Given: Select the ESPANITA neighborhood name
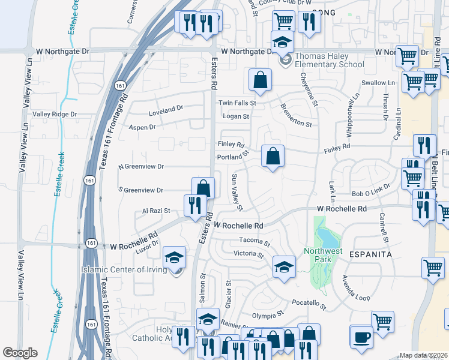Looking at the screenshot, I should [x=371, y=254].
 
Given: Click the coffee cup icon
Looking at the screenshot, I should [x=361, y=337].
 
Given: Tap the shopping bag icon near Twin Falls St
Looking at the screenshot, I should [x=261, y=80].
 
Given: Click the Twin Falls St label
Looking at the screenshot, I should [x=237, y=103].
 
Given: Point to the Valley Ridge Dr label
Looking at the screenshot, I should [x=55, y=114].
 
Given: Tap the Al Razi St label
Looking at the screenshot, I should [x=156, y=211].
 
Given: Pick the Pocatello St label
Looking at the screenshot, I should [x=309, y=305].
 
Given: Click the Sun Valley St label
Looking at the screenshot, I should [x=237, y=192].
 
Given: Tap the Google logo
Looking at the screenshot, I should [x=20, y=353].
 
